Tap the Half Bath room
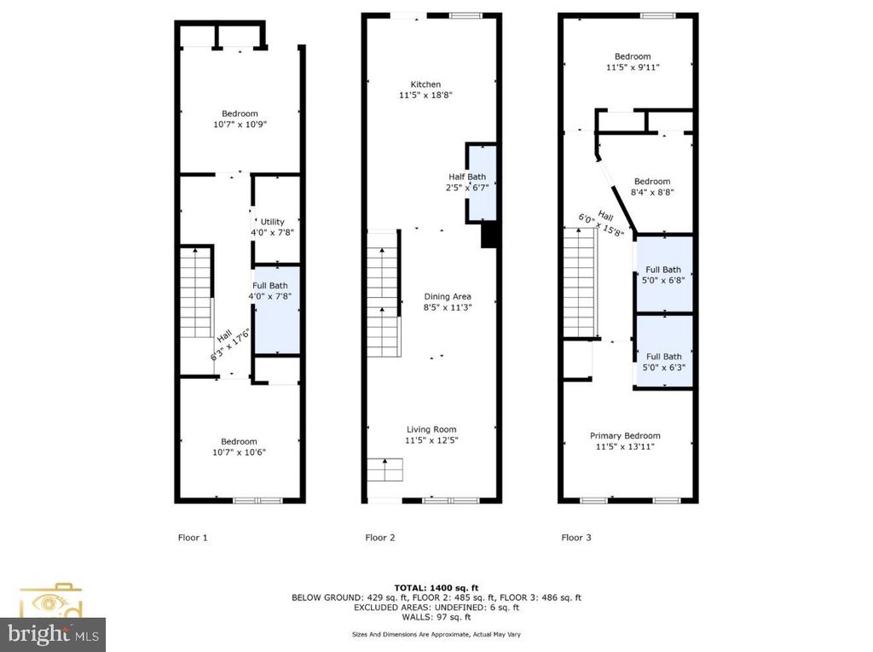[x=482, y=183]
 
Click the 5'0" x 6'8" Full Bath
[x=663, y=274]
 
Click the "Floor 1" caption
[x=192, y=538]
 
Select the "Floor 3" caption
[x=575, y=538]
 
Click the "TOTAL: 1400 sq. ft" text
[x=436, y=588]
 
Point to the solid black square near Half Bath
[x=489, y=236]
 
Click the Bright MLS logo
[x=51, y=632]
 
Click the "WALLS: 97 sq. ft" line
[x=436, y=617]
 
